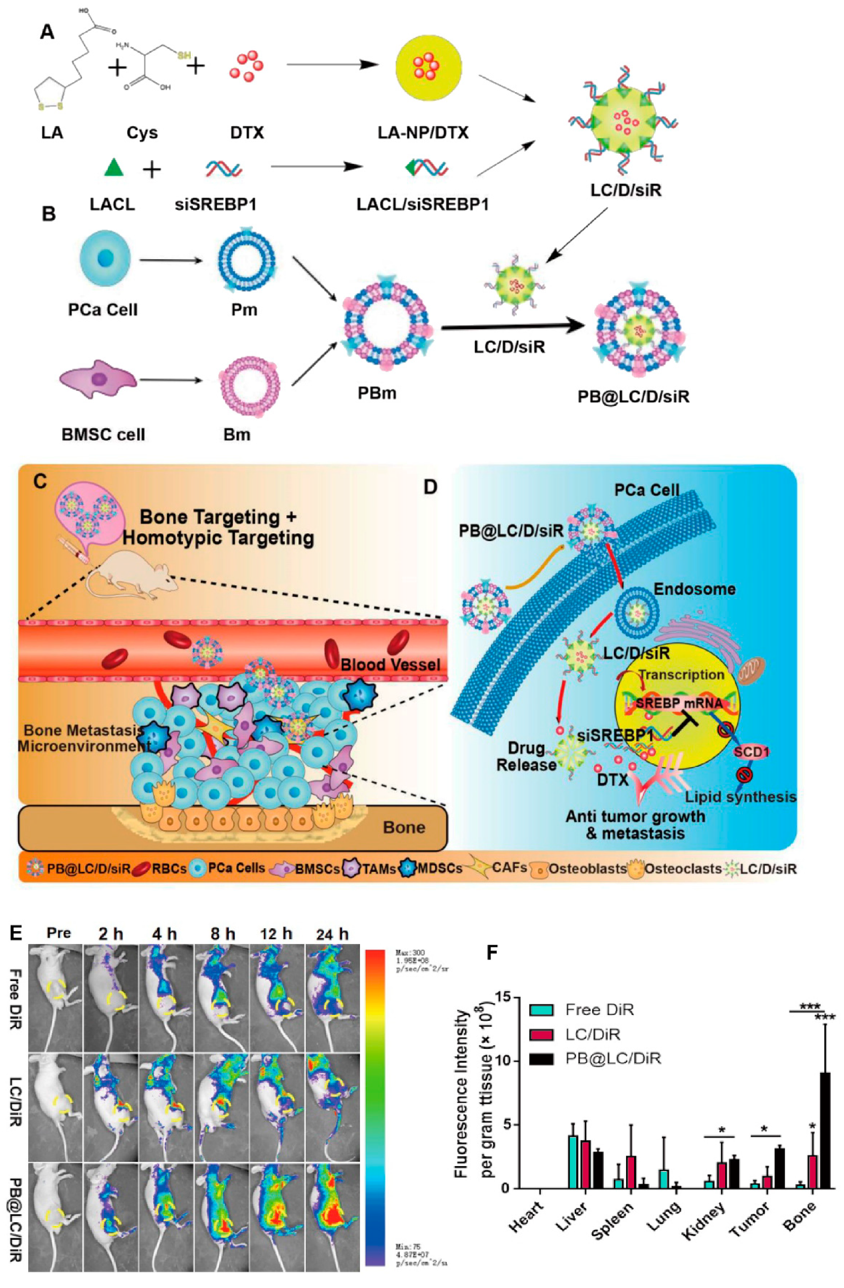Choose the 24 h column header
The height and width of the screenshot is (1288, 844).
point(332,934)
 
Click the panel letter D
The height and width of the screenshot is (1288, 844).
point(430,487)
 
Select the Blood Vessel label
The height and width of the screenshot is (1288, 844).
point(390,665)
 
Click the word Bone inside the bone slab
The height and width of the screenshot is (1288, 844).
point(404,827)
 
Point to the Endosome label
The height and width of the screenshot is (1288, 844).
point(694,589)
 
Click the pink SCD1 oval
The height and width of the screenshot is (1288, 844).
point(751,752)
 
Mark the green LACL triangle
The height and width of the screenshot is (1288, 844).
point(113,168)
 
